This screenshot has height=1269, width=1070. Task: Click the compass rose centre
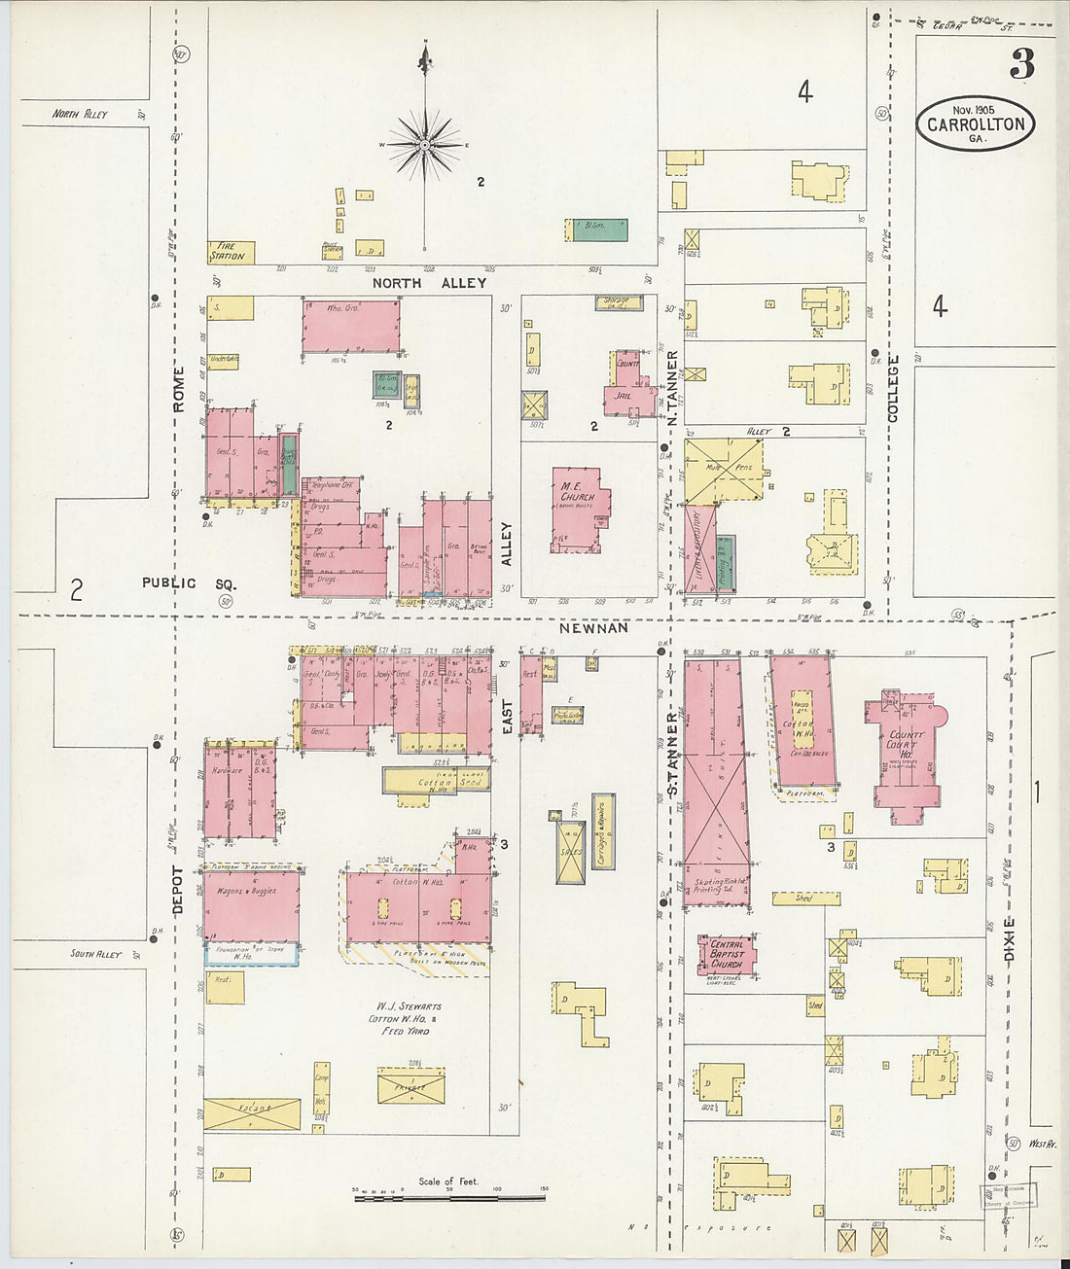(425, 145)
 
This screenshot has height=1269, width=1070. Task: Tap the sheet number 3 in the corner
(1021, 64)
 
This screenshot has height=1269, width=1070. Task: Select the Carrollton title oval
(976, 123)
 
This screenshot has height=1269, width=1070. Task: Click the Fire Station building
(231, 252)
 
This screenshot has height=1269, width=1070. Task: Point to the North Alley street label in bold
(429, 283)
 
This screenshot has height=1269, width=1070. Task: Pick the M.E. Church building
(579, 510)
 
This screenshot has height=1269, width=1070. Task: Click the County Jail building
(627, 387)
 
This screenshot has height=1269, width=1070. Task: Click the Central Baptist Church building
(727, 954)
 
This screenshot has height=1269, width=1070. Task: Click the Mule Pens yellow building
(725, 471)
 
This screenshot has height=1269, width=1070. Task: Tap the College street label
(893, 388)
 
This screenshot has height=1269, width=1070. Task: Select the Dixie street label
(1009, 939)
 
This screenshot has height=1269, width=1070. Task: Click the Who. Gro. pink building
(350, 327)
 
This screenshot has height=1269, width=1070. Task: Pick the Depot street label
(177, 889)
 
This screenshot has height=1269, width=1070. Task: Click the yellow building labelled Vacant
(252, 1113)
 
